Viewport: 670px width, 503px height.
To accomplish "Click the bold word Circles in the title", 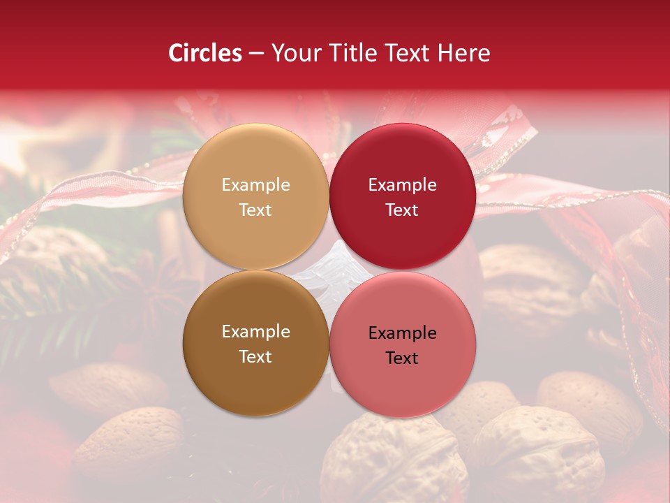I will (x=204, y=53).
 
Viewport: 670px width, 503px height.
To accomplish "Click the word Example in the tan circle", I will (x=255, y=185).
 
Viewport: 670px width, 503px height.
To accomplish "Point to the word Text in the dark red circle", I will (x=402, y=210).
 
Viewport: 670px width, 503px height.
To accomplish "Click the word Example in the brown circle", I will (x=255, y=332).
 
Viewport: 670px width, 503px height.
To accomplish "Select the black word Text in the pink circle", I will (x=402, y=358).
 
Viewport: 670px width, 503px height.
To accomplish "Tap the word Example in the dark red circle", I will (x=402, y=185).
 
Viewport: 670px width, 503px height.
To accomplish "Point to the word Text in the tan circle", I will (x=255, y=210).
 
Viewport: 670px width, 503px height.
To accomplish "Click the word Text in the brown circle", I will (x=255, y=357).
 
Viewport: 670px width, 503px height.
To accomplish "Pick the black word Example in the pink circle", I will (x=402, y=333).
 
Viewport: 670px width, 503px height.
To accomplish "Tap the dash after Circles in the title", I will (x=256, y=54).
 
